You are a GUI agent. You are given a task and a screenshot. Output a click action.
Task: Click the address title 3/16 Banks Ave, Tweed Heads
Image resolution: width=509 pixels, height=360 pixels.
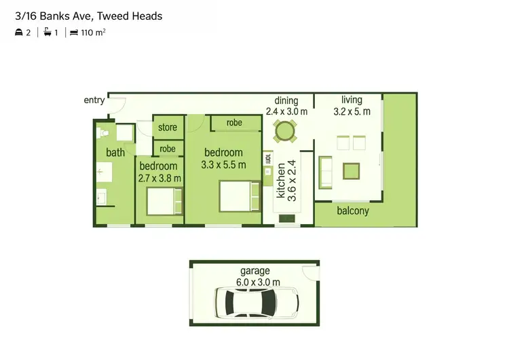[88, 16]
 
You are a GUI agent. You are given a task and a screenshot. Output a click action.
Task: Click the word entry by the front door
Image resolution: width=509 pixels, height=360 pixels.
[94, 101]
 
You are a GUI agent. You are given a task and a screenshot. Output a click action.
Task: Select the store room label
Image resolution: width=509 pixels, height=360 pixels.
[168, 127]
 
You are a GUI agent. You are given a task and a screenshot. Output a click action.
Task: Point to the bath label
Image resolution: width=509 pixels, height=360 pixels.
[115, 152]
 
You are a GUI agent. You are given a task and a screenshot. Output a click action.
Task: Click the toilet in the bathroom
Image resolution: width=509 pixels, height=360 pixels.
[103, 132]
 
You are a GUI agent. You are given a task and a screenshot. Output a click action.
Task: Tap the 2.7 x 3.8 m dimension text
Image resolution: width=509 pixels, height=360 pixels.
[159, 178]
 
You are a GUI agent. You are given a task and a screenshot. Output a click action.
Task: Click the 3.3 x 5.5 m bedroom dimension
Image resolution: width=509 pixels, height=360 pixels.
[223, 164]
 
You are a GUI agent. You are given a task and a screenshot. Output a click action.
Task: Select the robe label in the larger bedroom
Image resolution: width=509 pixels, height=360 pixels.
[234, 123]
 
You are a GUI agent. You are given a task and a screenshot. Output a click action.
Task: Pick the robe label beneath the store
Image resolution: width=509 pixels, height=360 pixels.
[168, 149]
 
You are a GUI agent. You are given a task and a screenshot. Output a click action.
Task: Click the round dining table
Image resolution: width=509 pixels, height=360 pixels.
[284, 130]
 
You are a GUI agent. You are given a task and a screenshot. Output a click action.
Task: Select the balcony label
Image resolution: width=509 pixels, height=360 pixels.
[353, 211]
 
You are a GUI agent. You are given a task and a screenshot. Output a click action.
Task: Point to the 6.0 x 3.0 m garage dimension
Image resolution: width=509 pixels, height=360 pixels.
[254, 281]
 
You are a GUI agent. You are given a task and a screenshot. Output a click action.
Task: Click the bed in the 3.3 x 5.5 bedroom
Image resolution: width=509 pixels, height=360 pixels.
[238, 197]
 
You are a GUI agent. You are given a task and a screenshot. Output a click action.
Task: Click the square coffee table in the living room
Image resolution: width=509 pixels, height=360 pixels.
[351, 170]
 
